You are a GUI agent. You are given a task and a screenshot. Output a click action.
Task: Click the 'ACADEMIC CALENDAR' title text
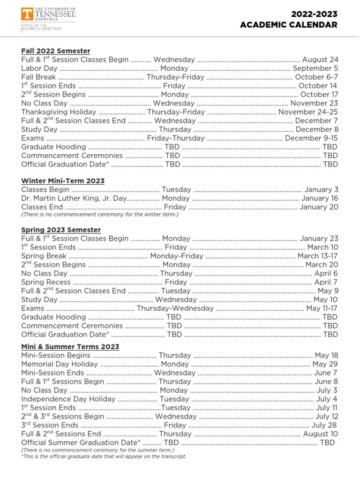pos(288,25)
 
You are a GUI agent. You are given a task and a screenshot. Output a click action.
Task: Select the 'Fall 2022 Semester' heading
pos(56,51)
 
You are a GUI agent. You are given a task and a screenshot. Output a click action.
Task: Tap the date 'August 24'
pos(320,60)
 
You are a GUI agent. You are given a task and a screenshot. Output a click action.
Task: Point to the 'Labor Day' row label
pos(39,68)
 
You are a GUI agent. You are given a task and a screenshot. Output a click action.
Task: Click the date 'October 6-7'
pos(316,77)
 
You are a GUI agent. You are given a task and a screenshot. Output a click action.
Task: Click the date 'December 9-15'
pos(311,138)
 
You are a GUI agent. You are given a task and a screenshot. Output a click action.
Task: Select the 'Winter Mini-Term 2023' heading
pos(63,181)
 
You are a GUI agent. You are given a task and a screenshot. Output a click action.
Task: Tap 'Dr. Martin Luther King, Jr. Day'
pos(74,198)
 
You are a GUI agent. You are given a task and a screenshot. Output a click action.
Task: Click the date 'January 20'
pos(318,207)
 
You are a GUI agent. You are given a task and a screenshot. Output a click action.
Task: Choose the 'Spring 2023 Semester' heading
pos(61,230)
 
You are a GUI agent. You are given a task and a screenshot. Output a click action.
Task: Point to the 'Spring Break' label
pos(44,256)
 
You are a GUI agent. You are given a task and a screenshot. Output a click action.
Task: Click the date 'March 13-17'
pos(317,256)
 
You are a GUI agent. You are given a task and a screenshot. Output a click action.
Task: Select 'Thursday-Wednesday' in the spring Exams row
pos(175,308)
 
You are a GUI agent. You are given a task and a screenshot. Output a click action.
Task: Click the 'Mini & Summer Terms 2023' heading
pos(70,347)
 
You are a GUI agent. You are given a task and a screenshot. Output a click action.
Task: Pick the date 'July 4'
pos(326,399)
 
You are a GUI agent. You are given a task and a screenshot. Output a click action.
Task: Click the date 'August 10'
pos(320,434)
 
